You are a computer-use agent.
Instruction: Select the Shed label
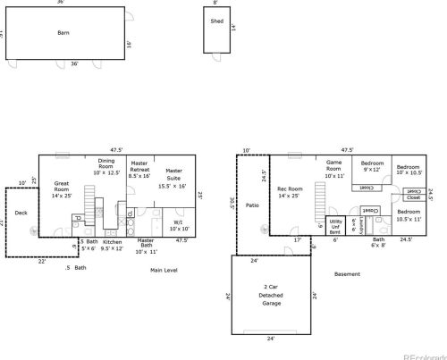coord(216,21)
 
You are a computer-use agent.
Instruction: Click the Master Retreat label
coord(139,170)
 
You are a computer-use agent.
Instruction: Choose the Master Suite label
coord(173,178)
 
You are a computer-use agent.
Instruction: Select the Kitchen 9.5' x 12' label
coord(112,246)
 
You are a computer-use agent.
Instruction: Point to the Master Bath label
coord(146,246)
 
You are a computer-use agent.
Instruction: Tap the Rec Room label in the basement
coord(290,191)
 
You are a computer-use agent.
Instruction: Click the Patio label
coord(252,205)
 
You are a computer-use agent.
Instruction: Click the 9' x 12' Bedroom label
coord(372,167)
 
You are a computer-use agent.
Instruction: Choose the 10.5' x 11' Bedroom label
coord(409,214)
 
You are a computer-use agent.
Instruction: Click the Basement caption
coord(347,274)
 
